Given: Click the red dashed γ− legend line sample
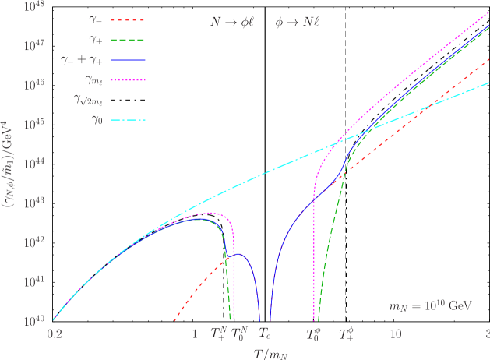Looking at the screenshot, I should (128, 20).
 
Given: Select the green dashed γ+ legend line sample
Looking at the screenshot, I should (128, 40).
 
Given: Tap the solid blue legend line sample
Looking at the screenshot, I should (128, 60).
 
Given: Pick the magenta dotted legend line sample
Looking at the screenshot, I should (128, 80).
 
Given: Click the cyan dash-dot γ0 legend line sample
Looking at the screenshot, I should (128, 120).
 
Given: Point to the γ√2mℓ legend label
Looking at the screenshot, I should (88, 101).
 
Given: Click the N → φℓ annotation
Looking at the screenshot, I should (233, 23).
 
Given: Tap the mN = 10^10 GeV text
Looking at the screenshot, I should (430, 306).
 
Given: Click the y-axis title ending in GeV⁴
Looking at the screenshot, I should (11, 164).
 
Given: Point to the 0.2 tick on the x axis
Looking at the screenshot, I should (55, 334).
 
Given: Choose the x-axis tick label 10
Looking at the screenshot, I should (395, 334).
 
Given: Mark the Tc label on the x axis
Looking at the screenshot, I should (265, 334).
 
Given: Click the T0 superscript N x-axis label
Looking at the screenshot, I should (240, 333).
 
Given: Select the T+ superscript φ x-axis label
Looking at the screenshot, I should (347, 333).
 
